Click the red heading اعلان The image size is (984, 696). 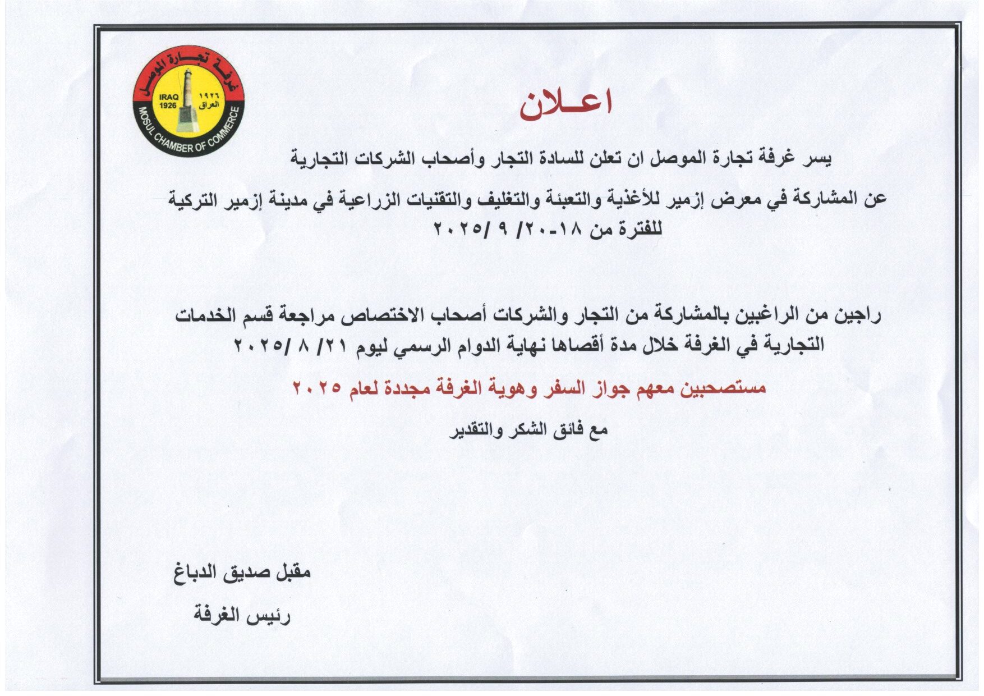[565, 105]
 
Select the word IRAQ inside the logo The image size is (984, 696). [168, 97]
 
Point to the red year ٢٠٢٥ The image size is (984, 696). [317, 387]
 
